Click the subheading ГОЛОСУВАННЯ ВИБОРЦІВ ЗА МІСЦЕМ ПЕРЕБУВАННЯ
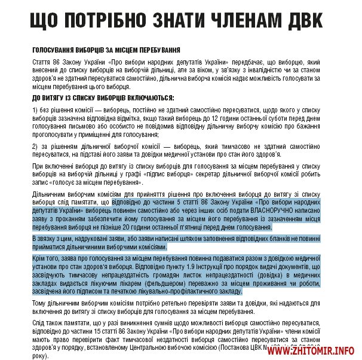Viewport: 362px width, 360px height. [x=106, y=51]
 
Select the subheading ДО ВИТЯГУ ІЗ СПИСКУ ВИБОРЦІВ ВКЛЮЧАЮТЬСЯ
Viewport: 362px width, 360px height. [x=103, y=97]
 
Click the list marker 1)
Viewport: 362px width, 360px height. [x=35, y=110]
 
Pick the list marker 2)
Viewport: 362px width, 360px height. [x=35, y=146]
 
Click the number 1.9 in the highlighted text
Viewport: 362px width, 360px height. [x=185, y=257]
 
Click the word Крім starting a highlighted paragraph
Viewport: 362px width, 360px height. [x=39, y=249]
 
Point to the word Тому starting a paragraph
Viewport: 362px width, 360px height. [x=40, y=303]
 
